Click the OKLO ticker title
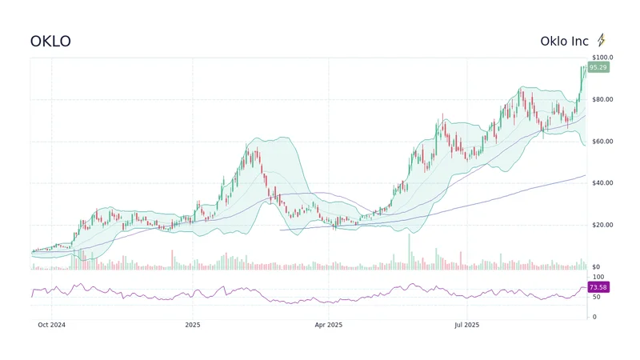click(x=50, y=41)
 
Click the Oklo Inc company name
click(x=564, y=41)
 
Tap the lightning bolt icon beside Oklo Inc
click(x=602, y=40)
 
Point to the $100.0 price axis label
click(x=602, y=58)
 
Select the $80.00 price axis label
click(x=602, y=99)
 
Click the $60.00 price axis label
click(x=602, y=142)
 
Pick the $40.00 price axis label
click(x=602, y=183)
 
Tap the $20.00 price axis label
click(x=602, y=225)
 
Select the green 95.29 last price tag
click(x=598, y=68)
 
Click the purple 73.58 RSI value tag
click(x=598, y=286)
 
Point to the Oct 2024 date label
click(x=52, y=325)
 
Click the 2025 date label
click(x=192, y=325)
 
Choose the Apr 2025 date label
click(x=328, y=325)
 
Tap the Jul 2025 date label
click(x=466, y=325)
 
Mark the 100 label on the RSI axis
click(x=597, y=277)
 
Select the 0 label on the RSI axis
click(x=593, y=317)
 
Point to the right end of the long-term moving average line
click(x=585, y=175)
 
